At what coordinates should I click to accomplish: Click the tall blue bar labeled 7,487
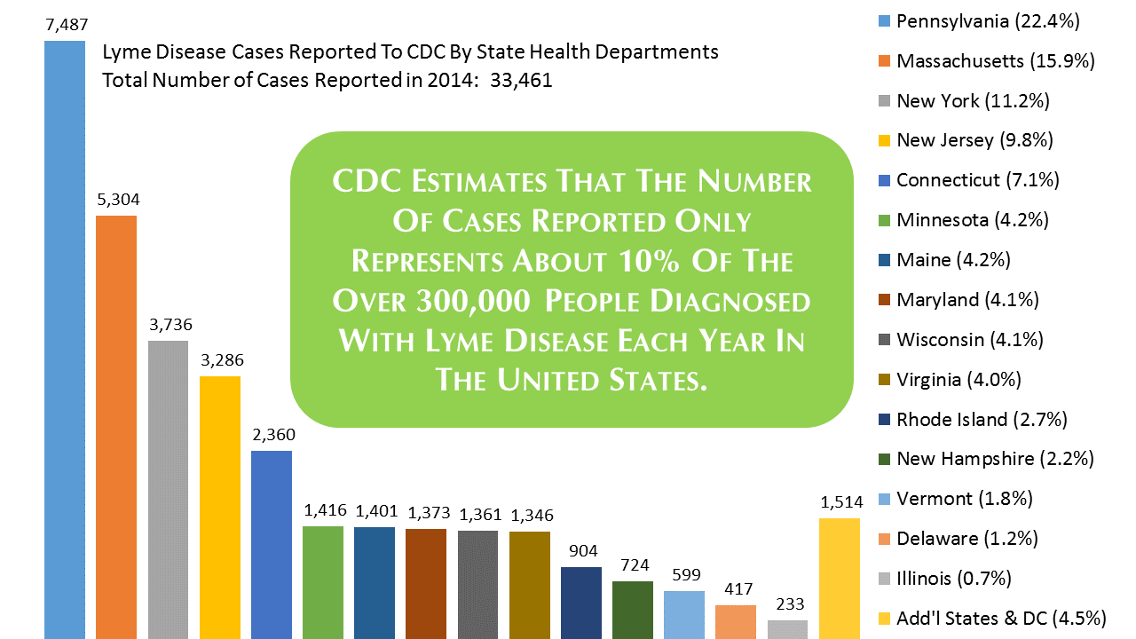65,337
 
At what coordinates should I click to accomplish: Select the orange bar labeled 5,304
116,426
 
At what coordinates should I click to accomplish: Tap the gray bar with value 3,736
168,488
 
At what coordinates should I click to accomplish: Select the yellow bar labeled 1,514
839,577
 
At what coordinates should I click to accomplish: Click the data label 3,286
220,360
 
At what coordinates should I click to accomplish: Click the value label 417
736,588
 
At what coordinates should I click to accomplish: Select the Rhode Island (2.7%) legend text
982,419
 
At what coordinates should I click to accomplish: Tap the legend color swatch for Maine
883,260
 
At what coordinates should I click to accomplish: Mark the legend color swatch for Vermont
883,499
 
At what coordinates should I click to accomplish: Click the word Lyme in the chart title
122,52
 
